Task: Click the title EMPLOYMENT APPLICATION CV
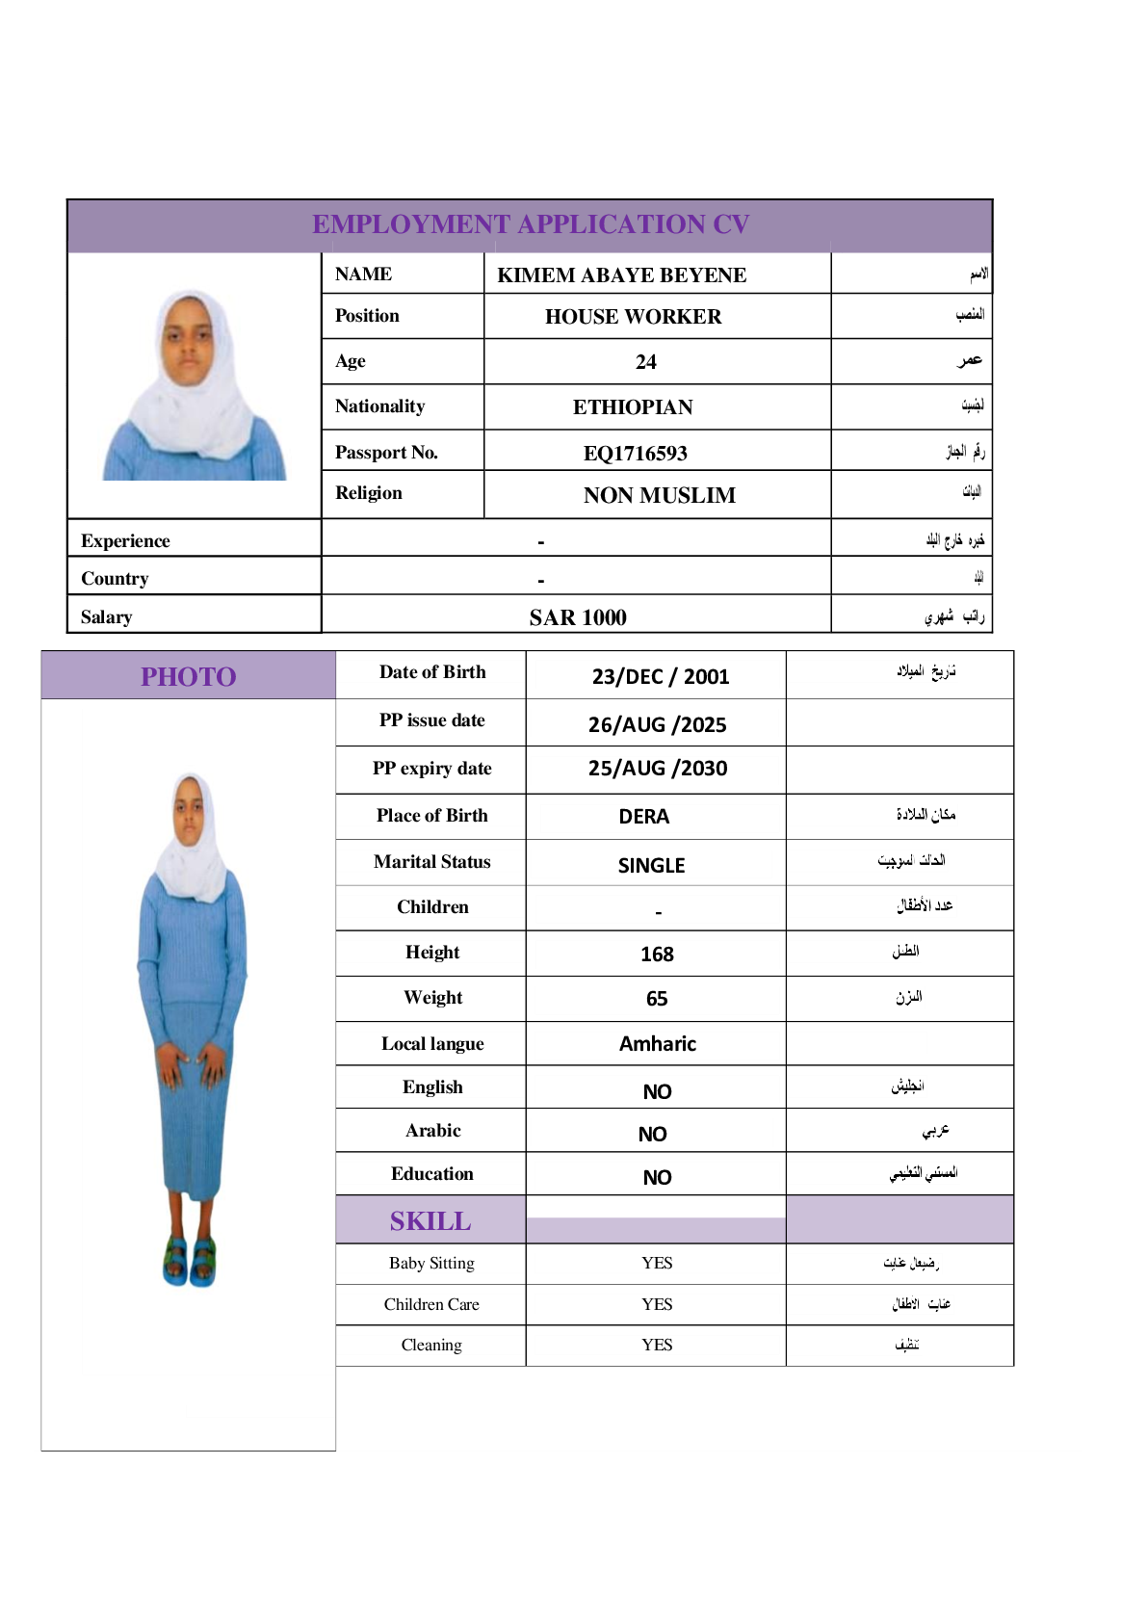tap(531, 224)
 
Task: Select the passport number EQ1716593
tap(635, 453)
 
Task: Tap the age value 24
tap(645, 362)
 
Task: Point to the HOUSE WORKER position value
tap(633, 317)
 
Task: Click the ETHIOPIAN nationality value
tap(633, 407)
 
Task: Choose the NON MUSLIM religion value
tap(659, 495)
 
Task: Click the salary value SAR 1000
tap(578, 617)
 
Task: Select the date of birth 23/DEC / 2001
tap(660, 676)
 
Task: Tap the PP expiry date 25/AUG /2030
tap(658, 769)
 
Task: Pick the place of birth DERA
tap(643, 817)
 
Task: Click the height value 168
tap(657, 955)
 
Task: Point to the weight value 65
tap(657, 999)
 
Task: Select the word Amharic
tap(657, 1044)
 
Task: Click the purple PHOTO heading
tap(189, 676)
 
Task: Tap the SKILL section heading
tap(430, 1221)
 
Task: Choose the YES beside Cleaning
tap(657, 1345)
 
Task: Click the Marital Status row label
tap(431, 862)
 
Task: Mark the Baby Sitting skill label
tap(431, 1263)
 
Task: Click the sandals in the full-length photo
tap(189, 1261)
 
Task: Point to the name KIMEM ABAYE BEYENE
tap(621, 275)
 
